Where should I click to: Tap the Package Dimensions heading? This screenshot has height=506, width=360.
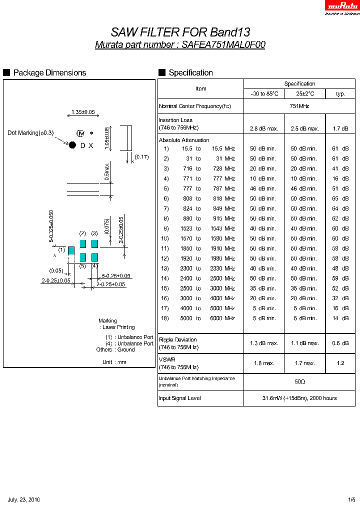click(x=49, y=73)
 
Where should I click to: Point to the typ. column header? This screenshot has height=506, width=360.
click(x=340, y=93)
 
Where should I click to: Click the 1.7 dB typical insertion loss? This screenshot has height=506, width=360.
click(x=340, y=128)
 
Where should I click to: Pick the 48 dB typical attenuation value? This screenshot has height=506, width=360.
click(x=340, y=268)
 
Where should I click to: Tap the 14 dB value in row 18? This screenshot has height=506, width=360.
click(x=340, y=318)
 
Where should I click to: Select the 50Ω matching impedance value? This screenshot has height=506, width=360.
click(x=299, y=381)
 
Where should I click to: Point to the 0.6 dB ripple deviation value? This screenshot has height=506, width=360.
click(x=340, y=343)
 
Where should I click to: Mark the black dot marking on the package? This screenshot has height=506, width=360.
click(x=72, y=145)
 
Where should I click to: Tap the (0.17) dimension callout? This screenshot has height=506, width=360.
click(x=141, y=157)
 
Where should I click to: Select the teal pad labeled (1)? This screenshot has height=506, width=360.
click(x=71, y=249)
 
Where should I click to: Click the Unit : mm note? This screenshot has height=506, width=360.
click(x=114, y=361)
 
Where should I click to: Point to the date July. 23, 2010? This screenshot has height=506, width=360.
click(x=24, y=499)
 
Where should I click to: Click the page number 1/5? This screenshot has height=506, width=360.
click(x=352, y=499)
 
